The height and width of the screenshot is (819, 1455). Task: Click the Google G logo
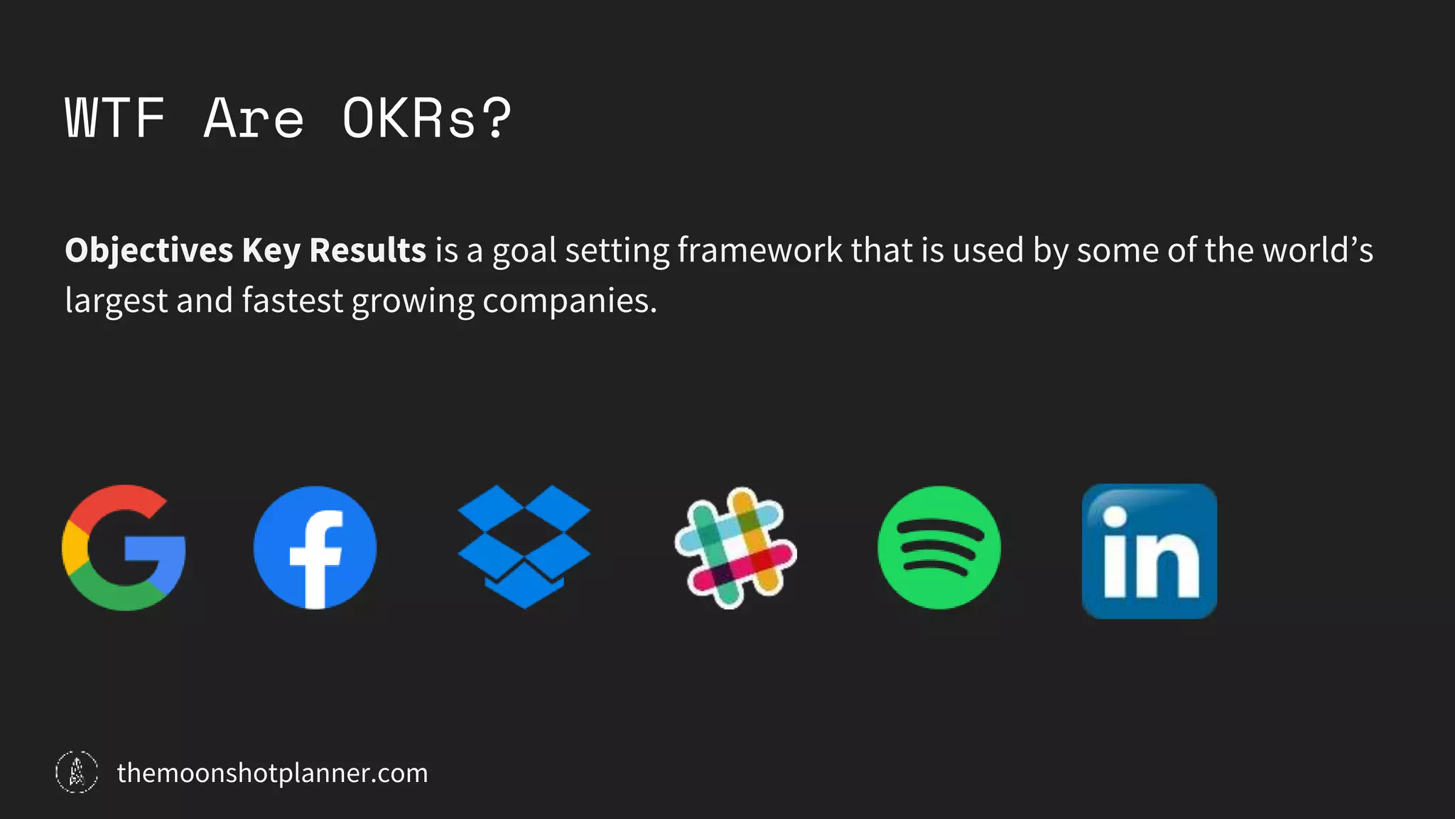124,548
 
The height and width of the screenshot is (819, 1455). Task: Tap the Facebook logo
315,547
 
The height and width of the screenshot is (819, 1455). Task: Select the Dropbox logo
524,546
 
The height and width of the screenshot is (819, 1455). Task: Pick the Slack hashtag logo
735,547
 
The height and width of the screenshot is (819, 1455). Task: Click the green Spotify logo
939,547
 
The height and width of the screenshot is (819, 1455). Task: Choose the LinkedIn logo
1149,551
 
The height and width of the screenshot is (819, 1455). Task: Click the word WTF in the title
115,118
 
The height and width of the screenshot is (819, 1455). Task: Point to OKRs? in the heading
426,118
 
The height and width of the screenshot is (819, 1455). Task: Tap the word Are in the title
254,118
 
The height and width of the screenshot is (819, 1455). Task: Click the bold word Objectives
148,251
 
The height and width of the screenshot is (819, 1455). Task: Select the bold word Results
367,251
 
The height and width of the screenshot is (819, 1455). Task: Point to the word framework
759,251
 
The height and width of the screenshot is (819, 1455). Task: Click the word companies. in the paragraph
570,301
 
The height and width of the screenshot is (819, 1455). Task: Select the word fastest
292,301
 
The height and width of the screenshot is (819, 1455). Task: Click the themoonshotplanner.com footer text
272,773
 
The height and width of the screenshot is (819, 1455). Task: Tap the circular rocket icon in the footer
77,772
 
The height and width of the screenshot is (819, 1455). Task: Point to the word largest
116,301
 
